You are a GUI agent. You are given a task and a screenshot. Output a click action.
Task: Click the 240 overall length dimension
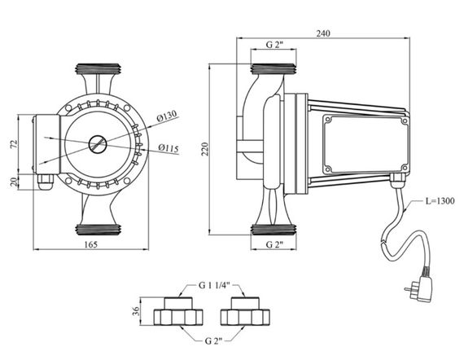pos(323,33)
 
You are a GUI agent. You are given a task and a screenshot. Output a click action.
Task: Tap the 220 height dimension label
pos(205,149)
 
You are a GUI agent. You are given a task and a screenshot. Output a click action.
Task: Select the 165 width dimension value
pos(91,244)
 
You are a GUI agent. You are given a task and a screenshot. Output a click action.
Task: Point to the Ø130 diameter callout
pos(167,116)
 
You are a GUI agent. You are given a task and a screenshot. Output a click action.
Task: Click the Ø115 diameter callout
pos(169,147)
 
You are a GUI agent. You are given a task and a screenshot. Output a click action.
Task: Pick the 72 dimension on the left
pos(14,144)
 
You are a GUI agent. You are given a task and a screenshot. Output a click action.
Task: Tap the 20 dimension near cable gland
pos(14,182)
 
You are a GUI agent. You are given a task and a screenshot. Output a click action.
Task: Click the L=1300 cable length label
pos(440,201)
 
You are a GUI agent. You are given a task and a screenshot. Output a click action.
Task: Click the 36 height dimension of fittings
pos(135,311)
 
